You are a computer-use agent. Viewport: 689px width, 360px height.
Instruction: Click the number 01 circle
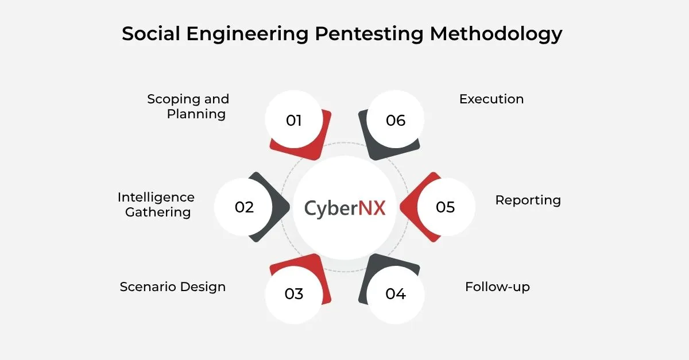(293, 121)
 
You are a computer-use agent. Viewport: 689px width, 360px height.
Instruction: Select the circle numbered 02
(244, 207)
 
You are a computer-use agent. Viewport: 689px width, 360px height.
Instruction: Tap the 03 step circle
(293, 294)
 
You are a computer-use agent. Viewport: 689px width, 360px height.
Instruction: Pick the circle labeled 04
(396, 294)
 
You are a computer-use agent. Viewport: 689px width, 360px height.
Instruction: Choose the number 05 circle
(446, 207)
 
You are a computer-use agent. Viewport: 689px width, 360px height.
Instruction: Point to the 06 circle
(396, 121)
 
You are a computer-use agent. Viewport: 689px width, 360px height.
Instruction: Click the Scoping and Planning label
(188, 106)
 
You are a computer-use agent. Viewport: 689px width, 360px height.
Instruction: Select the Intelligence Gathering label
(157, 204)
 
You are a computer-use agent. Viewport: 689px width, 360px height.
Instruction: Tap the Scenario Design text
(172, 287)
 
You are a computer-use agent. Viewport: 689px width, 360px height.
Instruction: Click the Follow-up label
(497, 287)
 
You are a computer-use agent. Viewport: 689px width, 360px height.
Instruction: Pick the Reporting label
(528, 200)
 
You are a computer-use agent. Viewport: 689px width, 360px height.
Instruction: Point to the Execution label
(491, 99)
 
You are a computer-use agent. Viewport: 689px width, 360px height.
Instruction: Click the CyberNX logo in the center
(344, 207)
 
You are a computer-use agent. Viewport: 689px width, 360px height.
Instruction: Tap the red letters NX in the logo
(372, 207)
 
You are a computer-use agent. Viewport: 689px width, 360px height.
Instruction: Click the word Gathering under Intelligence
(158, 212)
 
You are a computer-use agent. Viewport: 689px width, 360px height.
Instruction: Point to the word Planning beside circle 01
(196, 114)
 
